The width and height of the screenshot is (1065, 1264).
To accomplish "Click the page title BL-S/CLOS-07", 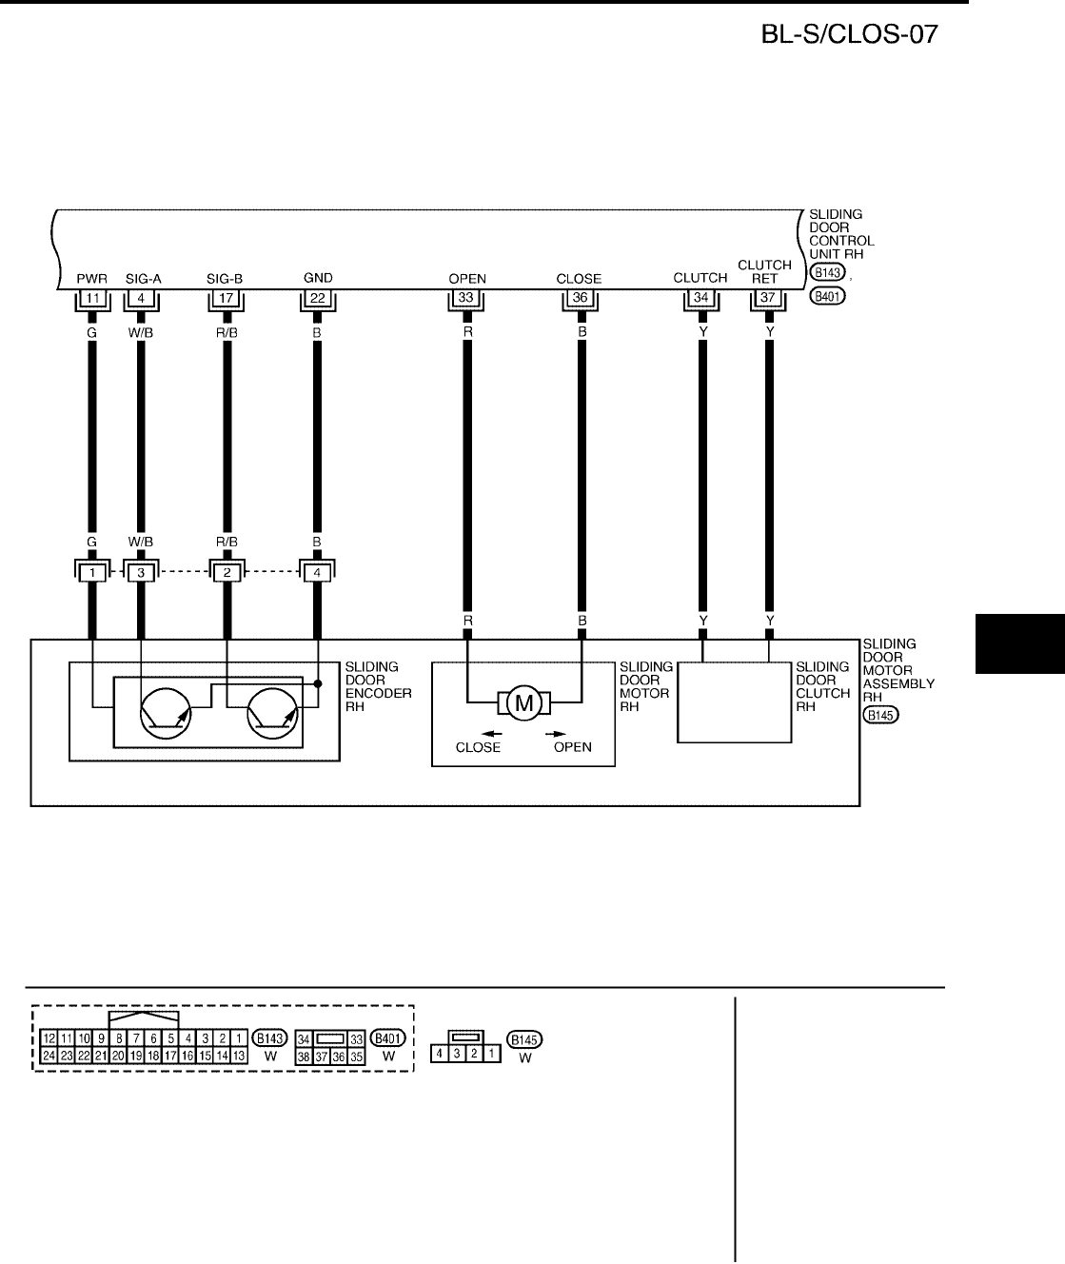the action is (850, 36).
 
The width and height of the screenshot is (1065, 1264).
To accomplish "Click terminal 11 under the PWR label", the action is (92, 299).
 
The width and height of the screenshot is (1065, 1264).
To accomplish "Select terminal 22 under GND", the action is (317, 299).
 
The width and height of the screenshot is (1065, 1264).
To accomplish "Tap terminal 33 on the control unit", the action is (466, 299).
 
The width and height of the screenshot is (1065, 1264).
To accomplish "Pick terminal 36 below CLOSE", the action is (579, 299).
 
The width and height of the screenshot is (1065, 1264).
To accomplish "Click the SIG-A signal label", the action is (143, 279).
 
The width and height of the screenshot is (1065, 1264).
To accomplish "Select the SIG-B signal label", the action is (225, 279).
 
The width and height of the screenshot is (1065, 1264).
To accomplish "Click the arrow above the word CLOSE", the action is (491, 733).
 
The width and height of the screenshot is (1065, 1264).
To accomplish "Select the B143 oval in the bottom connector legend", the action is (271, 1038).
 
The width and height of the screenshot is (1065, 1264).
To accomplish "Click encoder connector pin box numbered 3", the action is (141, 572).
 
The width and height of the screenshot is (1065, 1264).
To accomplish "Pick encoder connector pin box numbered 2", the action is (227, 572).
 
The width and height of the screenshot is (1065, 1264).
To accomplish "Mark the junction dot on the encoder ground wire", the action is (317, 682).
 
